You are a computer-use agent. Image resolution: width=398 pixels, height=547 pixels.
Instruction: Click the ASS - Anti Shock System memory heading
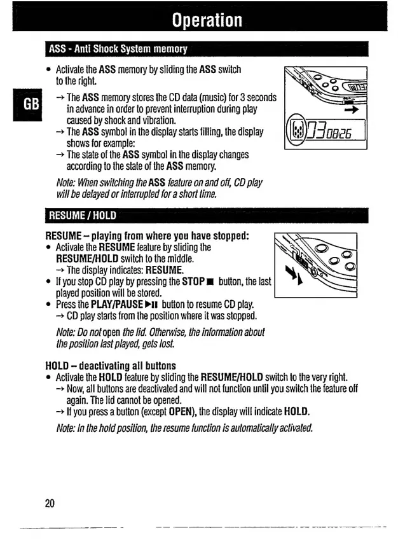click(118, 50)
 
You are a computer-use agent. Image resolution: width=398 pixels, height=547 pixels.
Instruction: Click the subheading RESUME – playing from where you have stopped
click(147, 236)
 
